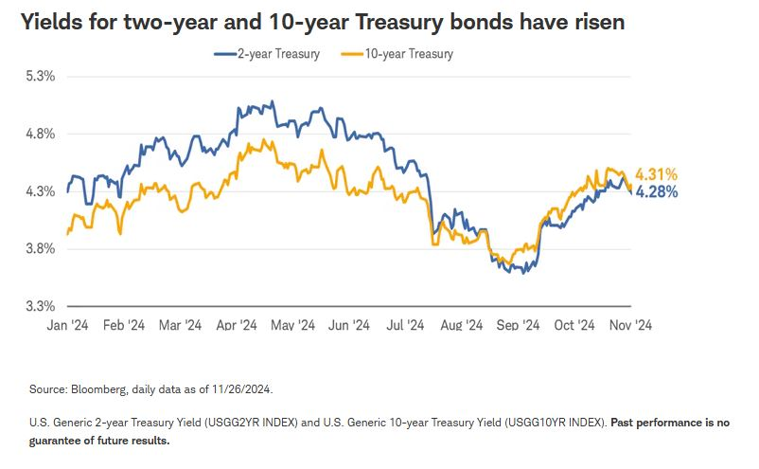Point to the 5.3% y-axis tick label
pyautogui.click(x=41, y=76)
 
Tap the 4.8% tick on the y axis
pyautogui.click(x=41, y=134)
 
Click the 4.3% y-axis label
pyautogui.click(x=41, y=191)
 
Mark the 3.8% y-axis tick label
pyautogui.click(x=41, y=249)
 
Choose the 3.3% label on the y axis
pyautogui.click(x=41, y=306)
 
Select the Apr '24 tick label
pyautogui.click(x=237, y=325)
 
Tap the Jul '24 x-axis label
pyautogui.click(x=406, y=325)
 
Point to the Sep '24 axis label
pyautogui.click(x=518, y=325)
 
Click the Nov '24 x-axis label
pyautogui.click(x=629, y=325)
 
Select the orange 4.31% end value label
pyautogui.click(x=657, y=174)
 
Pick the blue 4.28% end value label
pyautogui.click(x=657, y=191)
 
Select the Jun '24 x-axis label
pyautogui.click(x=349, y=325)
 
